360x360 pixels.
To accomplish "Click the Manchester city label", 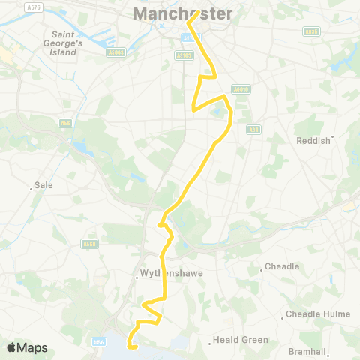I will coord(183,13).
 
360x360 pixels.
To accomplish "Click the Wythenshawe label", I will coord(163,274).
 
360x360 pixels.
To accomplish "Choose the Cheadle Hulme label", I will coord(313,314).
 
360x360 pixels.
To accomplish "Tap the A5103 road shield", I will coord(184,55).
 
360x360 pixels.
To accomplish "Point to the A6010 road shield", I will coord(240,88).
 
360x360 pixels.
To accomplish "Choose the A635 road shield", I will coord(311,31).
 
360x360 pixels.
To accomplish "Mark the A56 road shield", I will coord(65,124).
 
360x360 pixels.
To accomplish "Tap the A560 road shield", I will coord(91,243).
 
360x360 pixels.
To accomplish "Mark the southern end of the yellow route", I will coord(130,346).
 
